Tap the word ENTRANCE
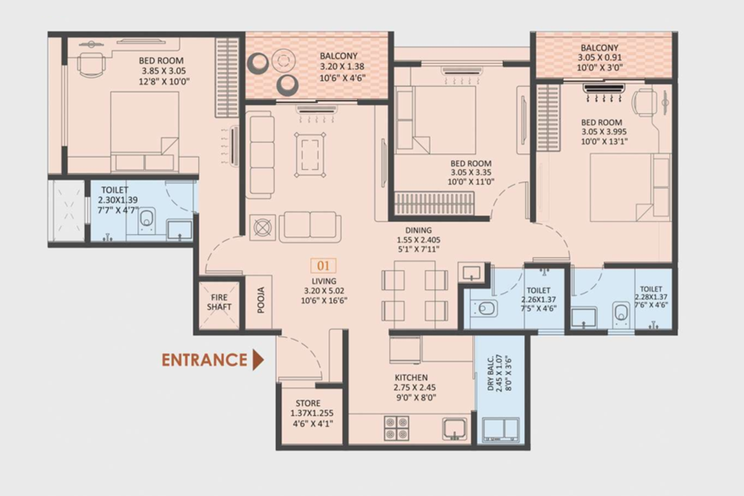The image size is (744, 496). (x=204, y=360)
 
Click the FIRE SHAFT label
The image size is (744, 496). (x=219, y=302)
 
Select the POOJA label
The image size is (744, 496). (x=261, y=300)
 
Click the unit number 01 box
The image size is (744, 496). (x=323, y=266)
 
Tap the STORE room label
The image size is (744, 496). (x=308, y=403)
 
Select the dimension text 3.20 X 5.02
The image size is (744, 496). (x=324, y=291)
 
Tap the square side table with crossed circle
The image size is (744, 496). (x=262, y=228)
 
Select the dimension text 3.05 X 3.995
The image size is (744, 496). (x=604, y=132)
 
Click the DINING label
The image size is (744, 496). (x=418, y=230)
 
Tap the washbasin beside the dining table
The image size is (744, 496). (x=471, y=272)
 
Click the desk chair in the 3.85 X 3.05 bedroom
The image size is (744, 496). (x=89, y=63)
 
